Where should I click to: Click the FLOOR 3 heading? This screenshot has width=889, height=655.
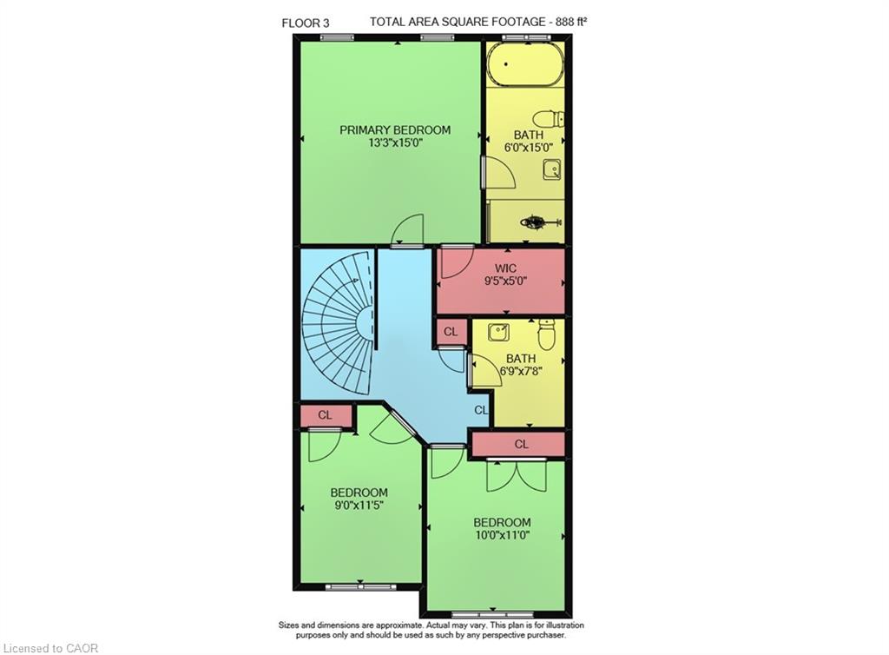pos(305,23)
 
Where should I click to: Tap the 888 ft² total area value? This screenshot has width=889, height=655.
pos(568,22)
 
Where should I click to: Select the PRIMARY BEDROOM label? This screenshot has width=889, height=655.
pos(395,129)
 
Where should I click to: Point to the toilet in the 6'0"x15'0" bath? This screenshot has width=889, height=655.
pos(550,119)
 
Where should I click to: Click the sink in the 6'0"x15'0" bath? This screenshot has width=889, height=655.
pos(552,169)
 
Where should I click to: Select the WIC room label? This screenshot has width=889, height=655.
pos(506,268)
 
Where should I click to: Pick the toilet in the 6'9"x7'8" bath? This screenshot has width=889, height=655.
pos(547,334)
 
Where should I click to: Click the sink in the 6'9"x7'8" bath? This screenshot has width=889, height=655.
pos(499,331)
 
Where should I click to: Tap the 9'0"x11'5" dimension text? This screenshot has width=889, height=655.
pos(359,505)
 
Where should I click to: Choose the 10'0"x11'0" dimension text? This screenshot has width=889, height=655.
pos(503,535)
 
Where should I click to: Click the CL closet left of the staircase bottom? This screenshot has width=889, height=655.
pos(325,415)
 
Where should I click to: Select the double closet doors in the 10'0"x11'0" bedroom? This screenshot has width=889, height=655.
pos(517,475)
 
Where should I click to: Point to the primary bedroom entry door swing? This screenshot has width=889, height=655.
pos(408,229)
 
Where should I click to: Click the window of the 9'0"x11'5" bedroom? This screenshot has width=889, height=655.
pos(361,587)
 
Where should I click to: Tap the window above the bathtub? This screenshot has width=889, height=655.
pos(527,38)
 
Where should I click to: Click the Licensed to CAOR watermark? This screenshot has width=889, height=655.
pos(50,648)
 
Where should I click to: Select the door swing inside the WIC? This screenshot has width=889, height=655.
pos(458,262)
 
